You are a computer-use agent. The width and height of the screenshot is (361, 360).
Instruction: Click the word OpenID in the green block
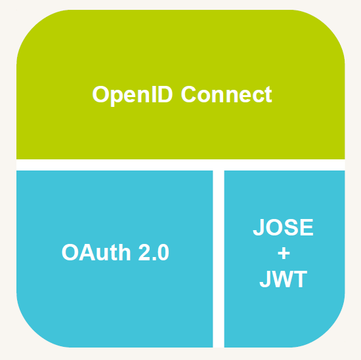133,95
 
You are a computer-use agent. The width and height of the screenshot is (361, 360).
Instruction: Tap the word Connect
226,94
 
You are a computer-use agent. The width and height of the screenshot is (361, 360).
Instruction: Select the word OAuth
96,252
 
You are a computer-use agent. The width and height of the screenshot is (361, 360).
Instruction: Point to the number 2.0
154,252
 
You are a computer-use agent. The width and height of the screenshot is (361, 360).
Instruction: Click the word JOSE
283,227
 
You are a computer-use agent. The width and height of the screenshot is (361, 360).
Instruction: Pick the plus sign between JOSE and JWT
284,253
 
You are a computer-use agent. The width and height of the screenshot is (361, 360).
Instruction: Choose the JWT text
284,279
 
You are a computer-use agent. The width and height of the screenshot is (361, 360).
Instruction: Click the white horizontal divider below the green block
180,165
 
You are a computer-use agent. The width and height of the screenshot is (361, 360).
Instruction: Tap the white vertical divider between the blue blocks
219,259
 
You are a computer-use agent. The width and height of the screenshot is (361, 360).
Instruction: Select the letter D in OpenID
165,94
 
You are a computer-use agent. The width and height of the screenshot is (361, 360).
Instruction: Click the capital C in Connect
188,94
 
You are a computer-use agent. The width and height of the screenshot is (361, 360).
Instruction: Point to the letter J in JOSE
259,228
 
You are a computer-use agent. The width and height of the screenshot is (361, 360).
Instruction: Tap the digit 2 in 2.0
144,252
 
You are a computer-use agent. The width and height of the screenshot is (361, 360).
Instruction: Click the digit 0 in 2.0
163,252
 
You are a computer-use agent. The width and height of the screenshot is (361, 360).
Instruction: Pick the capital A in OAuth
87,252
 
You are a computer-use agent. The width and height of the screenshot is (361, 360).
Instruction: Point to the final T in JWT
300,279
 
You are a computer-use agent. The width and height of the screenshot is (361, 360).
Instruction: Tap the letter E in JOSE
307,228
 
